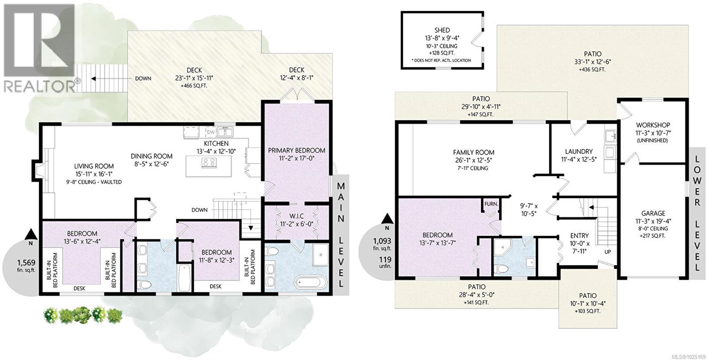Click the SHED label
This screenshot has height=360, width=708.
coord(442,31)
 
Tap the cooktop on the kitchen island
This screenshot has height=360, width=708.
coord(209,163)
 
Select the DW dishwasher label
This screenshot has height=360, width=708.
coord(211,132)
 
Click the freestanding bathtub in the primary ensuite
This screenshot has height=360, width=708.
coord(311,282)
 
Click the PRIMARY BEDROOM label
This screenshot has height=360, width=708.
coord(296,150)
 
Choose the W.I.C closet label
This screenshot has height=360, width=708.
coord(296,216)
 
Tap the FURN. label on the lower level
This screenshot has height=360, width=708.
coord(491,204)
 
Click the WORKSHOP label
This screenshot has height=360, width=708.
coord(653,125)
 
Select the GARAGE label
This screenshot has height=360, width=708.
coord(653,214)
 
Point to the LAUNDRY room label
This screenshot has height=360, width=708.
coord(579,152)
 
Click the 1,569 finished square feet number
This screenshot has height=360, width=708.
coord(26,263)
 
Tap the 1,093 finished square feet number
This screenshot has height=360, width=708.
coord(382,241)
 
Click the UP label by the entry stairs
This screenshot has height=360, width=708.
coord(608,252)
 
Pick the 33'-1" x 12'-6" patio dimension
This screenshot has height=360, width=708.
coord(593,62)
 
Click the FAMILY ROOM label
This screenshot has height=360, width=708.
coord(473,152)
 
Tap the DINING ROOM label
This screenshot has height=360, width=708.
coord(152,156)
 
